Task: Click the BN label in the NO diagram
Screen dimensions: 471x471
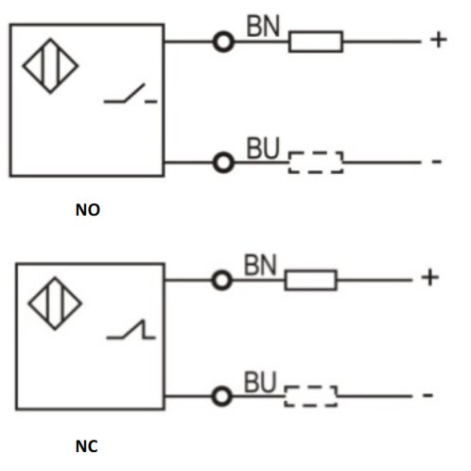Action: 263,26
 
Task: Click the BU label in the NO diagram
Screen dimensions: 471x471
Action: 263,148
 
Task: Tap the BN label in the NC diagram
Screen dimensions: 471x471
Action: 260,265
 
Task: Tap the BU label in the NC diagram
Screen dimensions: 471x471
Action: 260,382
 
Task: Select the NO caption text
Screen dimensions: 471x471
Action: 88,210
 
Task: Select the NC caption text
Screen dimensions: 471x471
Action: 87,446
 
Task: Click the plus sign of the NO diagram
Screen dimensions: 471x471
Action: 439,40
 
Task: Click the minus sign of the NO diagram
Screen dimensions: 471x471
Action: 437,162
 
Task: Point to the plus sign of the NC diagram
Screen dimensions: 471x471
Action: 430,278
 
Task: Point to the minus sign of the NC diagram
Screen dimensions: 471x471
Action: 427,394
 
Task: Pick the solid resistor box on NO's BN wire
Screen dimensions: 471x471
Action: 316,42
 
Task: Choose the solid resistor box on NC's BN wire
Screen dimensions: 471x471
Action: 310,280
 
